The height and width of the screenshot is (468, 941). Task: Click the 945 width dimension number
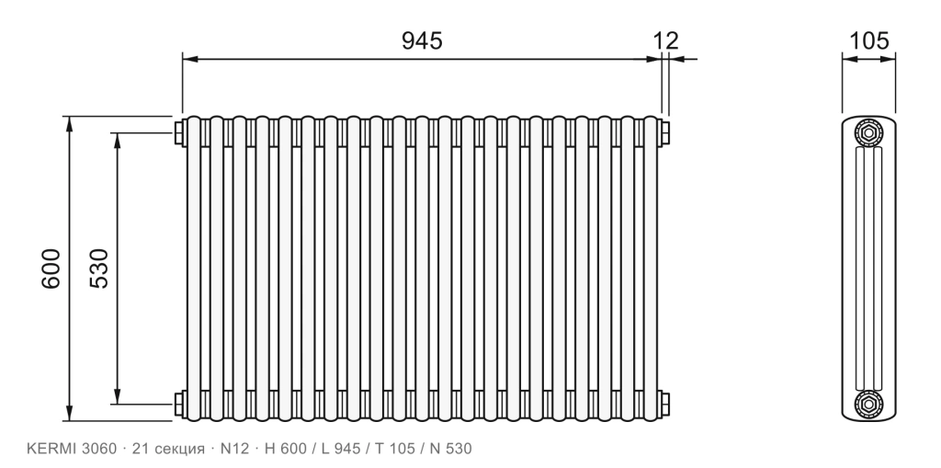422,40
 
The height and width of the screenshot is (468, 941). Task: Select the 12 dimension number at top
665,40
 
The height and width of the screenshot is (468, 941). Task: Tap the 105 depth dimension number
868,40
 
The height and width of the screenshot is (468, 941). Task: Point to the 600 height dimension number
51,268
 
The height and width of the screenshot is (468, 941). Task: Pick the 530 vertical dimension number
99,268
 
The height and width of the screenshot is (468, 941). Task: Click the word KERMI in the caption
51,449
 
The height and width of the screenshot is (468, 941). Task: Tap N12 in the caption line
234,449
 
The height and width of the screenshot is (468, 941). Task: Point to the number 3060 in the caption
99,449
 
